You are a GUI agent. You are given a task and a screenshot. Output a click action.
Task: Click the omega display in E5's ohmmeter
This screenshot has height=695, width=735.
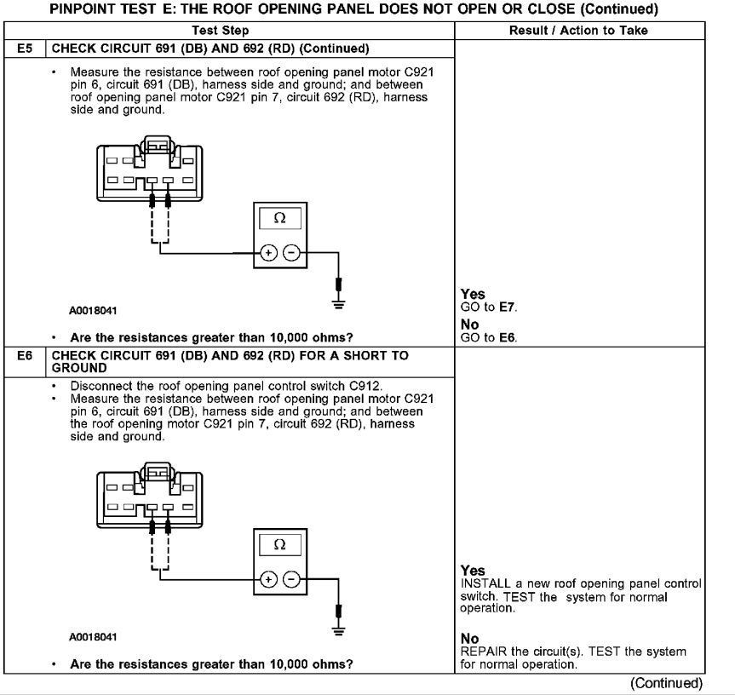point(279,218)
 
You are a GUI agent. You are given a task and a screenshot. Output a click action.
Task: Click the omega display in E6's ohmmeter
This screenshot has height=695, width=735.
point(278,543)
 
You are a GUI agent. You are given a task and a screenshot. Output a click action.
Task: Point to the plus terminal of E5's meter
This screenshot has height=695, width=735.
point(268,253)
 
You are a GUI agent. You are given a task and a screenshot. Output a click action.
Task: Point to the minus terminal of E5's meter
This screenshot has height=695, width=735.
point(290,253)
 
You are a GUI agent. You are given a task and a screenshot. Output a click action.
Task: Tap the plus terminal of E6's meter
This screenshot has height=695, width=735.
point(268,579)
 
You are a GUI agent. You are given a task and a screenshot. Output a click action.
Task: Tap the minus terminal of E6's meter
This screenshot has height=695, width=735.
point(290,579)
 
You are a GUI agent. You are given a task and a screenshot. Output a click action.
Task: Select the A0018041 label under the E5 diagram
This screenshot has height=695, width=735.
point(94,311)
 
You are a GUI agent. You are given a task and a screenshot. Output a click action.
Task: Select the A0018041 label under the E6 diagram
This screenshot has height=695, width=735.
point(94,637)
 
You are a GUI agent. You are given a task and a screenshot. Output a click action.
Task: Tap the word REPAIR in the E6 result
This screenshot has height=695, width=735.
point(481,652)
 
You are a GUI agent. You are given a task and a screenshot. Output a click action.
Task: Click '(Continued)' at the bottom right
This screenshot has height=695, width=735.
point(666,683)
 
